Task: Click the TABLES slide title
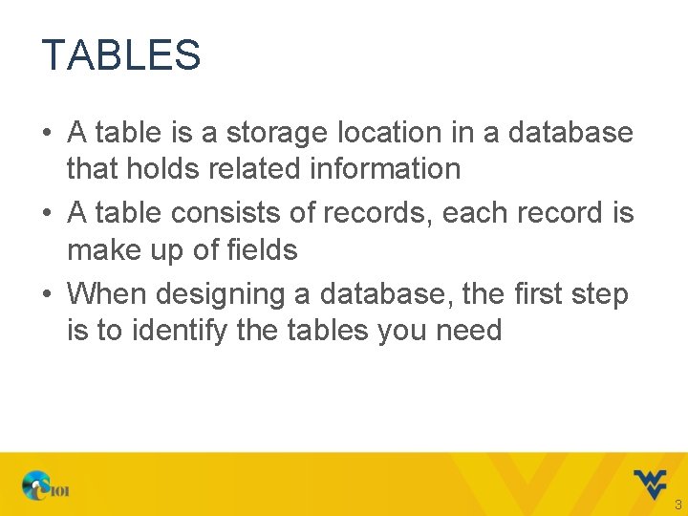[121, 55]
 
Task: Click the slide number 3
[677, 505]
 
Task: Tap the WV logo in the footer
[650, 484]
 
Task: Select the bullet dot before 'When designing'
[48, 294]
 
